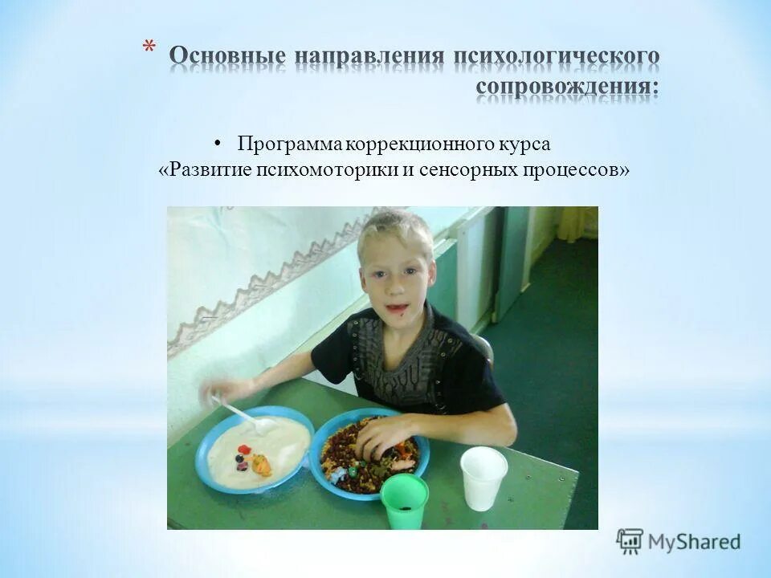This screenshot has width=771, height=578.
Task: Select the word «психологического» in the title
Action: pos(557,58)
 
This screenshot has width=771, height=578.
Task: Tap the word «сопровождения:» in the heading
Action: pos(567,87)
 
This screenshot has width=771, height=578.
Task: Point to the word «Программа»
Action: pos(290,144)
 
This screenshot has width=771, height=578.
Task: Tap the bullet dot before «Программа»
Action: pos(218,144)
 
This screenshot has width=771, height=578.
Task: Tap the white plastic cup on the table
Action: pos(483,478)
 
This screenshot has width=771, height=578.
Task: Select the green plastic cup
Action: pos(404,501)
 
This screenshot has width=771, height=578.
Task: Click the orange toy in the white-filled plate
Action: pos(262,464)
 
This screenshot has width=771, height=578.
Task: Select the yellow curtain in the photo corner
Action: pos(577,222)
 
